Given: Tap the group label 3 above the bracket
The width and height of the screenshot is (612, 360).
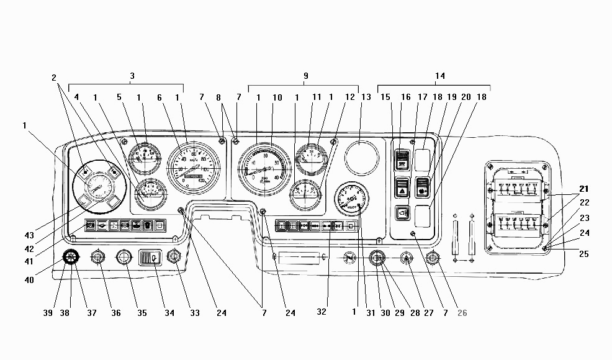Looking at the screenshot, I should pyautogui.click(x=132, y=76).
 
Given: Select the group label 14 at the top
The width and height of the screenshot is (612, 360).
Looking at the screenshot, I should pyautogui.click(x=440, y=76).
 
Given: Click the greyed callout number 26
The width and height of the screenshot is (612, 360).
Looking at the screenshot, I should pyautogui.click(x=462, y=313).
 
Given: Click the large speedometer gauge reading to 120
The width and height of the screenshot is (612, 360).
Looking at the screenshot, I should pyautogui.click(x=194, y=169).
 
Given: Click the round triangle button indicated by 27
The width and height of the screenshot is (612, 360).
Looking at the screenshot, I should pyautogui.click(x=407, y=258).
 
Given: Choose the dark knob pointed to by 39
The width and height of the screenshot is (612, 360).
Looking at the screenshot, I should pyautogui.click(x=70, y=257).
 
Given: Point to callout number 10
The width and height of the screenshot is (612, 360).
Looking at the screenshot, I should pyautogui.click(x=277, y=97).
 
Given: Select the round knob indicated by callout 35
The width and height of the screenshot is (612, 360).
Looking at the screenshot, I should pyautogui.click(x=125, y=257).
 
